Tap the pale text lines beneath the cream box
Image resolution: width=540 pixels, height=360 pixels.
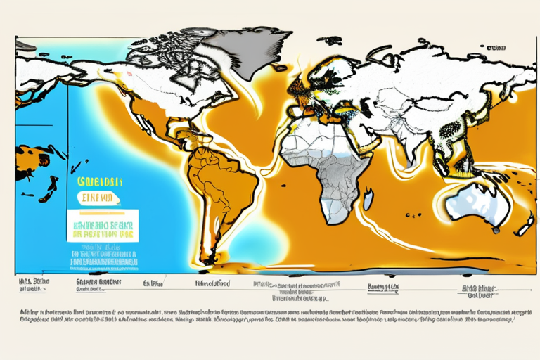coord(102,256)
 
